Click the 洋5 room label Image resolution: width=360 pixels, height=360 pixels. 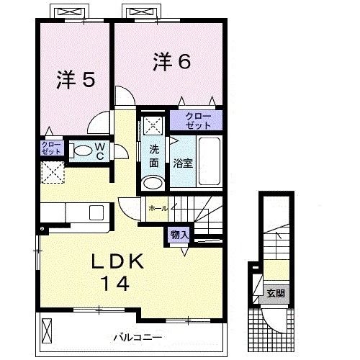(x=75, y=80)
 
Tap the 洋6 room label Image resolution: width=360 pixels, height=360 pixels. (x=171, y=62)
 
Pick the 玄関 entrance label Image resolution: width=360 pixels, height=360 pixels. (x=275, y=293)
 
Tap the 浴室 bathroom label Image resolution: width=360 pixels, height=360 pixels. (x=182, y=163)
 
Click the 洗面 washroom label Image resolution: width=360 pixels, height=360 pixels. (x=154, y=156)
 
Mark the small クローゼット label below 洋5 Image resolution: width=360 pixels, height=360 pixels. (x=50, y=148)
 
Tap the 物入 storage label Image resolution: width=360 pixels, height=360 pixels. (x=178, y=235)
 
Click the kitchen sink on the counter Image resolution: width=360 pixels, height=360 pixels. (x=96, y=214)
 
